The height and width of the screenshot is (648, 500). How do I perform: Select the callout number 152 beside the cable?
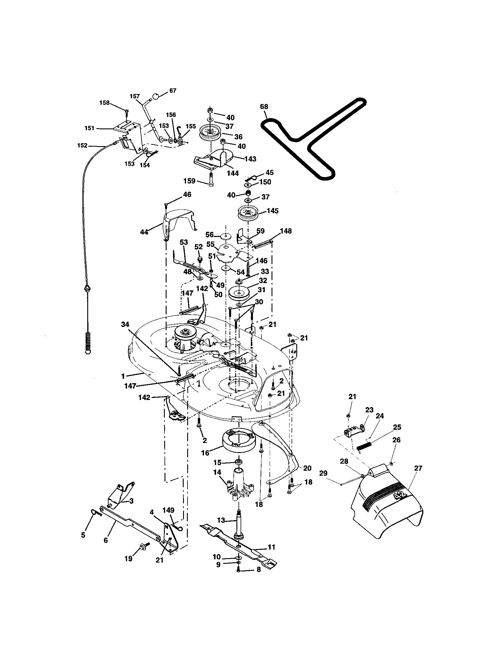point(82,146)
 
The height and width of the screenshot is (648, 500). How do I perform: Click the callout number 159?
point(190,181)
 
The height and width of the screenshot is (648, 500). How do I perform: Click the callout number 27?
point(418,468)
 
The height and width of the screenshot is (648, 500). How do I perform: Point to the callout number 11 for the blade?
point(271,547)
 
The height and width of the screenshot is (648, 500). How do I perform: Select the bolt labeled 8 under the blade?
point(239,570)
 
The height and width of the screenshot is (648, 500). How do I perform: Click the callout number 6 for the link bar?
point(106,540)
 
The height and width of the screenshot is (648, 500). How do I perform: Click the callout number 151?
point(89,128)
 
